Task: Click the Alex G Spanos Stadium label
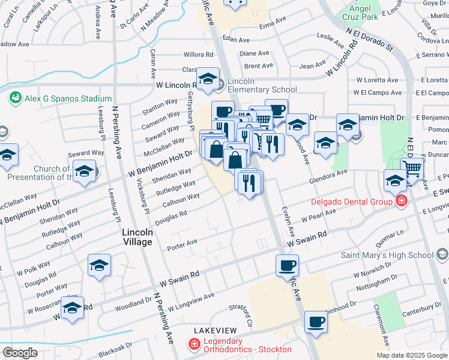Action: coord(68,98)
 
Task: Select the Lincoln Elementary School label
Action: coord(262,85)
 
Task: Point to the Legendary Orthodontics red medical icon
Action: coord(194,345)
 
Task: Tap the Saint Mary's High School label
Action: coord(387,255)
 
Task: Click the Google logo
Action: coord(20,352)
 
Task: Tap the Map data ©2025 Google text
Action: coord(412,355)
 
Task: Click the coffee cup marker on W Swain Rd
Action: coord(287,265)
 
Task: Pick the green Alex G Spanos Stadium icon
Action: coord(16,97)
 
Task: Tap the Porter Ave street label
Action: coord(182,242)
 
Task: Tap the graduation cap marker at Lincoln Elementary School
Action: coord(208,79)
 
